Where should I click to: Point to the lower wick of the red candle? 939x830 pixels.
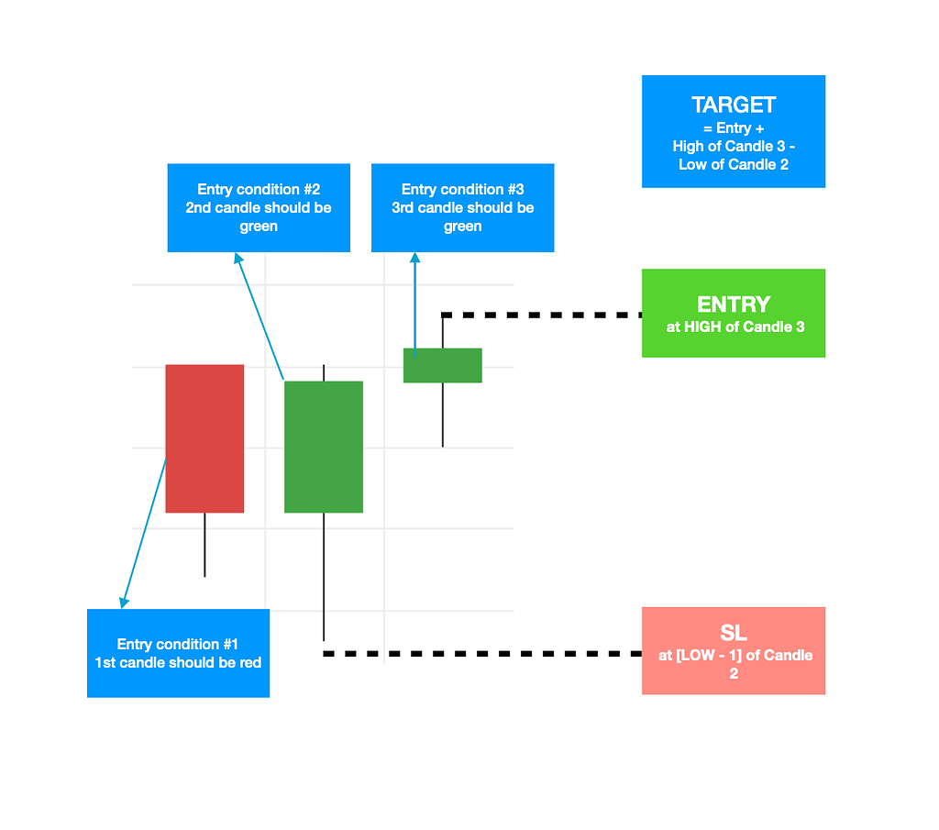pyautogui.click(x=204, y=545)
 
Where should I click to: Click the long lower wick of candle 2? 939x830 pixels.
pyautogui.click(x=324, y=578)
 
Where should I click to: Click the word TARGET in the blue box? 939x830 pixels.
pyautogui.click(x=734, y=105)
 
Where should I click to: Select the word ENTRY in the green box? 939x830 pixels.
pyautogui.click(x=734, y=304)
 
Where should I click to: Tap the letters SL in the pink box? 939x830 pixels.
pyautogui.click(x=734, y=634)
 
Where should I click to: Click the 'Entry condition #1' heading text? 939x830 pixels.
pyautogui.click(x=178, y=644)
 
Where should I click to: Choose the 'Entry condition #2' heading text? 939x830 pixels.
pyautogui.click(x=259, y=190)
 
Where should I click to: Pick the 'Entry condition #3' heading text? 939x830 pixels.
pyautogui.click(x=462, y=190)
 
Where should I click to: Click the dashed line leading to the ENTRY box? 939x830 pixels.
pyautogui.click(x=550, y=315)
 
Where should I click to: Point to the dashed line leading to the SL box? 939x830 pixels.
pyautogui.click(x=486, y=654)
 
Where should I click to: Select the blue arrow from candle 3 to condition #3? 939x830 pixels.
pyautogui.click(x=415, y=303)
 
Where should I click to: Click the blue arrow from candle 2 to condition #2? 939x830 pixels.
pyautogui.click(x=260, y=316)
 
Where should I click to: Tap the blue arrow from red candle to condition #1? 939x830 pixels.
pyautogui.click(x=144, y=532)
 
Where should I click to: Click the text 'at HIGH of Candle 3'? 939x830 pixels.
pyautogui.click(x=735, y=326)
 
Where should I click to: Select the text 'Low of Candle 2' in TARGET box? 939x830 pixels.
pyautogui.click(x=734, y=164)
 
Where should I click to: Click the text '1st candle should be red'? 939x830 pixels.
pyautogui.click(x=178, y=662)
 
